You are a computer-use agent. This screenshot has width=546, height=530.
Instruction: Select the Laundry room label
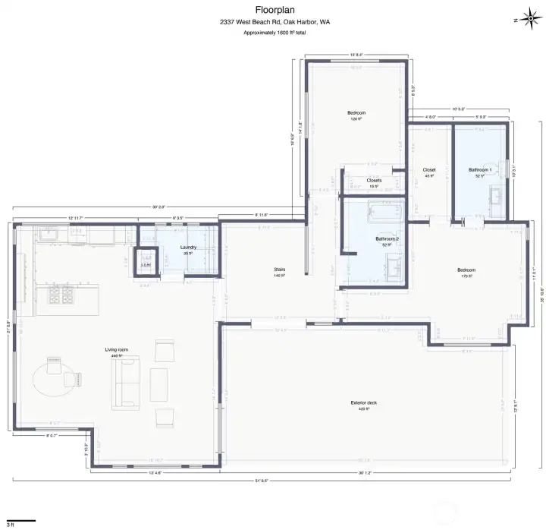(189, 248)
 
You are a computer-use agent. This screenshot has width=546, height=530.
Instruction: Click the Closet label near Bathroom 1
(429, 169)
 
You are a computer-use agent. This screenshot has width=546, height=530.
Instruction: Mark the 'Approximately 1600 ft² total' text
(275, 33)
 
